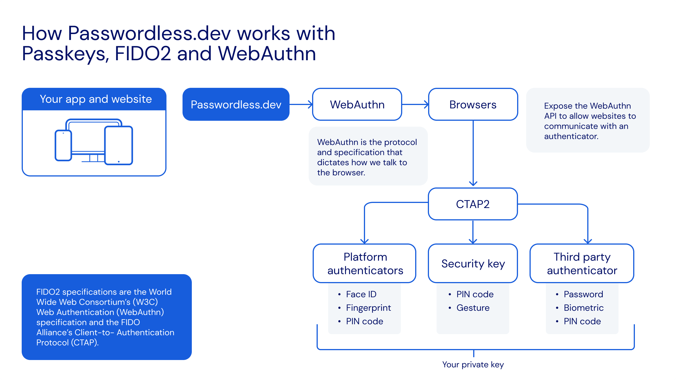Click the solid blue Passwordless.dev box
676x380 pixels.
point(236,104)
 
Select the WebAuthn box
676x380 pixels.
point(357,104)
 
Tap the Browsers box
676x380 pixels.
point(473,104)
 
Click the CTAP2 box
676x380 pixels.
point(473,204)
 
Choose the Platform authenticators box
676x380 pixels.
point(365,263)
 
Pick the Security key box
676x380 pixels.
point(473,263)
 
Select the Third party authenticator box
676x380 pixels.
point(582,263)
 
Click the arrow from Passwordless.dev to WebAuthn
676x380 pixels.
point(301,104)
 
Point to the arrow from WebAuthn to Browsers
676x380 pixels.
point(415,104)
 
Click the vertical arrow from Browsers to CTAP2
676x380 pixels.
point(473,153)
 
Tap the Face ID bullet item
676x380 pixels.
point(361,294)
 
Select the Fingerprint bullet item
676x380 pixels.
point(368,308)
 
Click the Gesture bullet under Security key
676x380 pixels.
point(473,308)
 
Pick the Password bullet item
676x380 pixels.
point(583,294)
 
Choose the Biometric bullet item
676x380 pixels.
point(584,308)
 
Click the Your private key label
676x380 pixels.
point(473,365)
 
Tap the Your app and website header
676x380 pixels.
point(96,99)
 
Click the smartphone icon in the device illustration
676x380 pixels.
point(63,145)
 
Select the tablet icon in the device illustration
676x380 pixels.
point(119,145)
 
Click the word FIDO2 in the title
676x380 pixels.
point(143,53)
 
